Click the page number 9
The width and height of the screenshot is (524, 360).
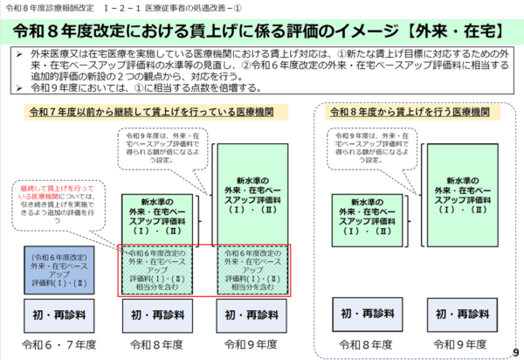(x=515, y=351)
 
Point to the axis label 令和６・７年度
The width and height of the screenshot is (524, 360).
(x=56, y=343)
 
